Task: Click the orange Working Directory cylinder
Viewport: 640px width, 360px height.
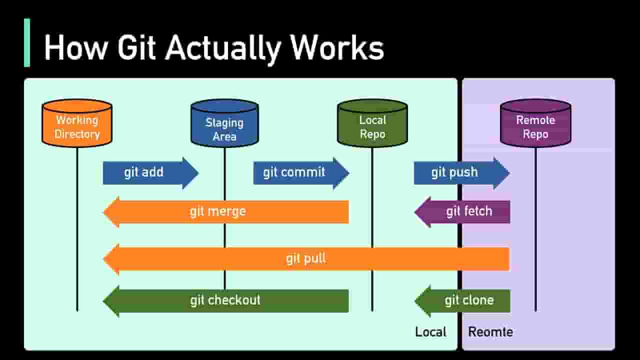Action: pos(77,123)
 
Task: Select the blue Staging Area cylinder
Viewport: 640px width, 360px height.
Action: pos(225,123)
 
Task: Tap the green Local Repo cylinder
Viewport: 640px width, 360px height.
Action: pos(372,123)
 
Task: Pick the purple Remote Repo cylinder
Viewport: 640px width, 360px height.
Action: pos(535,123)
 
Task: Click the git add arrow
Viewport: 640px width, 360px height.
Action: pos(150,173)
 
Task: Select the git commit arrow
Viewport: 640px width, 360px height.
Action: pos(301,173)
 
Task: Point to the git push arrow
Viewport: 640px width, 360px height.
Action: pos(461,173)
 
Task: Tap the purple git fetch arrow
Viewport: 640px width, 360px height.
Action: pos(462,212)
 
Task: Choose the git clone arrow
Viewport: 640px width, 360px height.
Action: pos(462,301)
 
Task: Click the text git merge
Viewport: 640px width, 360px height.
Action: pos(217,211)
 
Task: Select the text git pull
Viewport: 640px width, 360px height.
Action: pos(305,259)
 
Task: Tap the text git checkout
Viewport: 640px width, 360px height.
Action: pos(225,300)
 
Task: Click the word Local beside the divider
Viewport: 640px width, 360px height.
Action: pos(430,332)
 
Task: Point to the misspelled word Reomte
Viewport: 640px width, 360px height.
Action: pos(490,332)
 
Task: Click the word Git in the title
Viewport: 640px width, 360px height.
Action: pos(136,47)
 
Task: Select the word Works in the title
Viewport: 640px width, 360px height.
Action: pos(337,47)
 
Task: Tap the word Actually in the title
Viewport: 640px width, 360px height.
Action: pos(223,49)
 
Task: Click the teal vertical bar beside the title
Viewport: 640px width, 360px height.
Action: pos(27,43)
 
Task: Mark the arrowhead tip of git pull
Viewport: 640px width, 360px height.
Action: pos(103,259)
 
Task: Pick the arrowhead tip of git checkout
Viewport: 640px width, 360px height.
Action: pos(103,301)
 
